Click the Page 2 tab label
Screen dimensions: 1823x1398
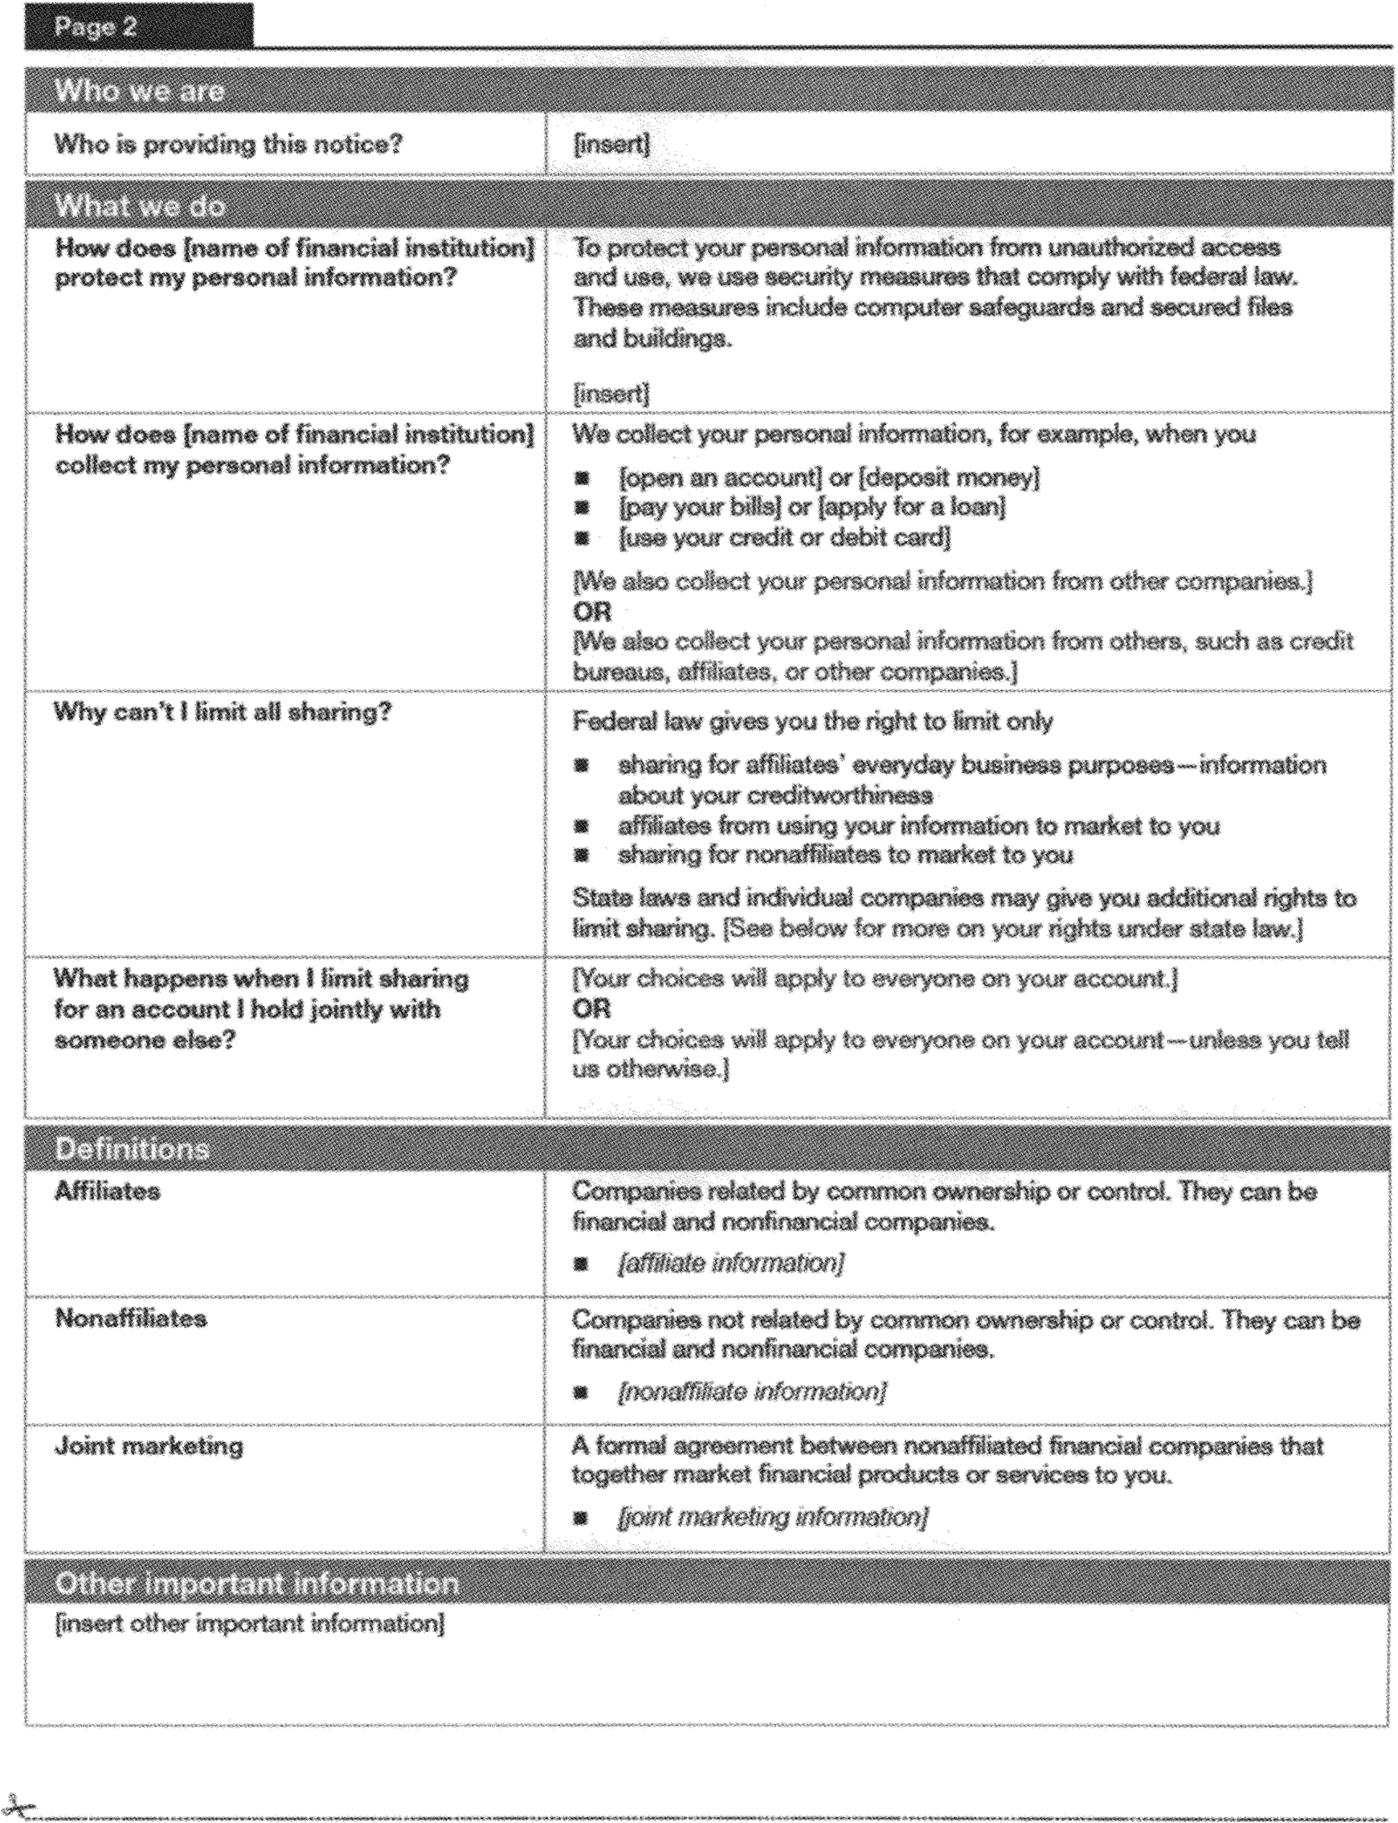96,27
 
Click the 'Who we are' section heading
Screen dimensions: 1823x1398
139,91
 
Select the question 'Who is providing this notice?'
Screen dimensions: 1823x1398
228,145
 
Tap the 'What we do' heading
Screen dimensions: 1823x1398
140,206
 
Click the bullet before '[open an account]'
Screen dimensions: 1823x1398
582,478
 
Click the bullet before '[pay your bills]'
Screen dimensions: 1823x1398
582,508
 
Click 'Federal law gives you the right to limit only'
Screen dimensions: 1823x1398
812,721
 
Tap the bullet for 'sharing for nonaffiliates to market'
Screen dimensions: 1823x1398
582,856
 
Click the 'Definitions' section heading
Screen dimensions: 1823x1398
132,1149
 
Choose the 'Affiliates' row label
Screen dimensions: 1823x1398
108,1191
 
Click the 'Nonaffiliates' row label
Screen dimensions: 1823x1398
131,1318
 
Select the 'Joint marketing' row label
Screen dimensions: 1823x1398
149,1446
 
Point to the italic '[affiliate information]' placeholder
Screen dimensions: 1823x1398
730,1264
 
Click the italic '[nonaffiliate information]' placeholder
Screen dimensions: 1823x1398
751,1392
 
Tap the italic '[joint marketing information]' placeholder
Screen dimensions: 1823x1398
772,1518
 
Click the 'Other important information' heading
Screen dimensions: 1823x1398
256,1584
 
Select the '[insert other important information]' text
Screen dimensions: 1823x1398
250,1624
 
